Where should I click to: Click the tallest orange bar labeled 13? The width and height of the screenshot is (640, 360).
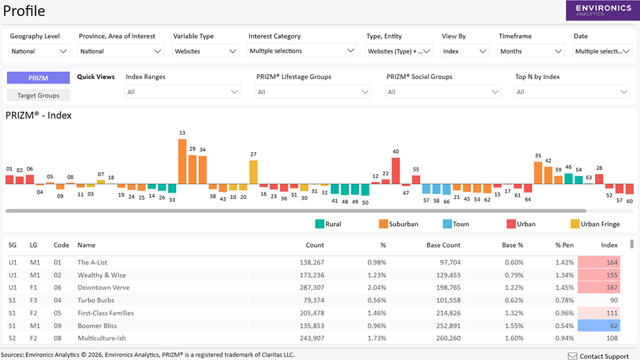coord(182,161)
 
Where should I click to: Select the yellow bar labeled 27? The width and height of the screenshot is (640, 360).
coord(253,172)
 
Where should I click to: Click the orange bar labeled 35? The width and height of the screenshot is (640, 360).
coord(538,173)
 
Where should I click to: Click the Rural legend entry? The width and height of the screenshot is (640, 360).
coord(328,224)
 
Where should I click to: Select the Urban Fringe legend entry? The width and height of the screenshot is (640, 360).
coord(595,224)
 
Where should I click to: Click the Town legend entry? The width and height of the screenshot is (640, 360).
coord(456,224)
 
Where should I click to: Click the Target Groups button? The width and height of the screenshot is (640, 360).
coord(38,96)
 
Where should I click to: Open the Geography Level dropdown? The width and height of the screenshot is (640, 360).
coord(39,51)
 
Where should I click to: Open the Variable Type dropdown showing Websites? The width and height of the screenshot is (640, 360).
coord(205,51)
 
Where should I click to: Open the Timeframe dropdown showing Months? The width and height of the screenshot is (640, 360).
coord(531,51)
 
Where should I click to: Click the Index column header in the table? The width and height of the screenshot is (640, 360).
coord(609,245)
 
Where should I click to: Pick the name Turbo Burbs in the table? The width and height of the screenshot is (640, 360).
coord(96,301)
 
